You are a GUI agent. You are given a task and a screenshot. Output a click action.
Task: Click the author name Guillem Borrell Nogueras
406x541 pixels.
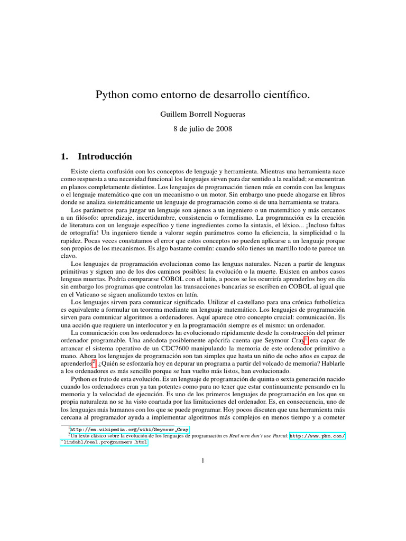point(202,114)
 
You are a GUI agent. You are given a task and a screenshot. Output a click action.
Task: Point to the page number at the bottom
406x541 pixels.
point(202,461)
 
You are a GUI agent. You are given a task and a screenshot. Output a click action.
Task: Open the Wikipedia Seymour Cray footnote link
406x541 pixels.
point(129,430)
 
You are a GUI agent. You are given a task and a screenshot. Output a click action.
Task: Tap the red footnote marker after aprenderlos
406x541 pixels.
point(94,363)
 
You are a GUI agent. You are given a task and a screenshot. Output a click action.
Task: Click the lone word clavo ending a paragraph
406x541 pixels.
point(69,256)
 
